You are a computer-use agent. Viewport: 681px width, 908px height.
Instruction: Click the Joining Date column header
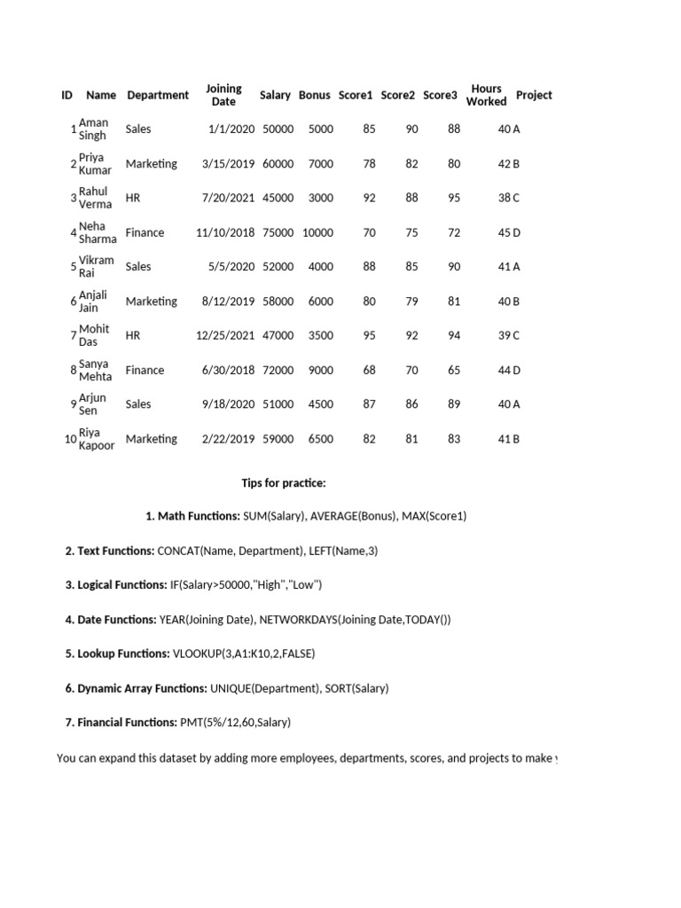223,95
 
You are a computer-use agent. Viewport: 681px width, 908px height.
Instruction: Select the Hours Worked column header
486,95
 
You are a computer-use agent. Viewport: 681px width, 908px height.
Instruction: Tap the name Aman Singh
93,129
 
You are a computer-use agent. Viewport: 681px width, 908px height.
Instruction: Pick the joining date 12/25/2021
225,335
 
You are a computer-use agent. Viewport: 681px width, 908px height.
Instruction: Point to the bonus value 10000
317,232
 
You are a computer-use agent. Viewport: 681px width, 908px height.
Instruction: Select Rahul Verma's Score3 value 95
454,198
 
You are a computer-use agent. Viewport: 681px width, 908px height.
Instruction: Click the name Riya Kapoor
96,439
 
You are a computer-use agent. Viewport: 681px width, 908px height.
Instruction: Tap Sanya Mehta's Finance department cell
145,370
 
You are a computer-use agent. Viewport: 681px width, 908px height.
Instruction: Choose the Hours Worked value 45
504,232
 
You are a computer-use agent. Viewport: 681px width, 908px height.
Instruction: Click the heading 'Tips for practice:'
284,483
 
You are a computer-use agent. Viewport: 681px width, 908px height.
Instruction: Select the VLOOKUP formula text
244,654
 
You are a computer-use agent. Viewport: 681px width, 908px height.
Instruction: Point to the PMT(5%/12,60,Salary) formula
236,723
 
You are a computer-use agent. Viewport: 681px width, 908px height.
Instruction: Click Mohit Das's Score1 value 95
369,335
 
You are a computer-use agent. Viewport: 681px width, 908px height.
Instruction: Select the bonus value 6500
320,439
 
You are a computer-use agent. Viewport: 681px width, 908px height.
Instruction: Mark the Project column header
534,95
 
